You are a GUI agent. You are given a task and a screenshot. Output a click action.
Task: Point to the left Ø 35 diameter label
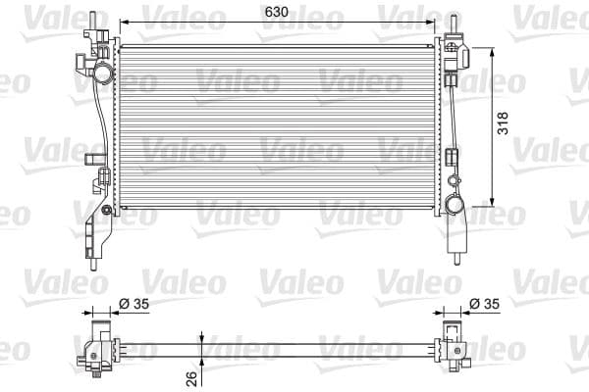pos(134,304)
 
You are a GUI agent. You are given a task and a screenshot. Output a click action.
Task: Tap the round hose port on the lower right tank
pos(455,205)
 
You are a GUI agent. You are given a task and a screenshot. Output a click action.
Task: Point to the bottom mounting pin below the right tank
pos(457,259)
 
